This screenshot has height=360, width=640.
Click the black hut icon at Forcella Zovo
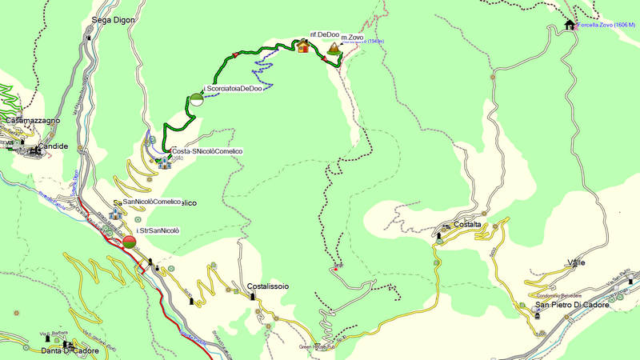click(569, 24)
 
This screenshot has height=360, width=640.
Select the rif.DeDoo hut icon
click(303, 46)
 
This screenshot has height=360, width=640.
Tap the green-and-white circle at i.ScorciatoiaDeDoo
click(196, 100)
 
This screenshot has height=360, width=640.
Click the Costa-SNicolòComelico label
click(206, 151)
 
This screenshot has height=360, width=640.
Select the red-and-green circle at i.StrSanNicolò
click(130, 242)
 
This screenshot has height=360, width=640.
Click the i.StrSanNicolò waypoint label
click(158, 230)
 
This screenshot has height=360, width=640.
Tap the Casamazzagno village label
click(33, 120)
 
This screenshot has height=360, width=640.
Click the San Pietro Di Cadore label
click(572, 305)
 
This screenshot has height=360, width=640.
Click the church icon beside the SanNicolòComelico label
click(114, 214)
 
